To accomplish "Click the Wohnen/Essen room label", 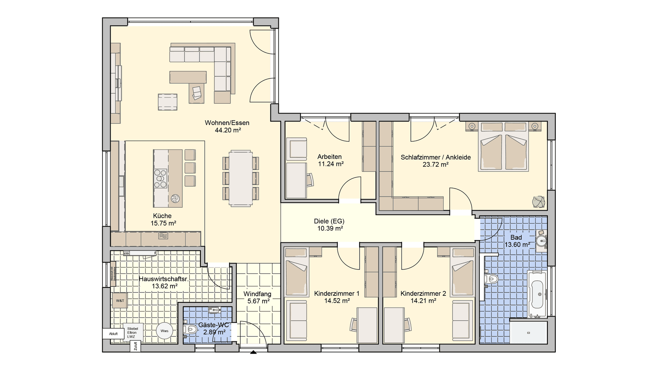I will pos(227,123).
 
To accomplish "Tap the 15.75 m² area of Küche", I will pos(163,223).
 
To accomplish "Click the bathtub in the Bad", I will pos(537,294).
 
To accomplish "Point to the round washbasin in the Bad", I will pos(541,241).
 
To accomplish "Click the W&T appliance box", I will pos(120,301).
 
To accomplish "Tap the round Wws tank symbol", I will pos(164,331).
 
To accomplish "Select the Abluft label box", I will pos(114,334).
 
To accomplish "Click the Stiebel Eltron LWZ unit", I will pos(133,333).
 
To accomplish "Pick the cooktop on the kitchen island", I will pos(160,179).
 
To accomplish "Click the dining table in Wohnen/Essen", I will pos(241,178).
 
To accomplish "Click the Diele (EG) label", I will pos(329,221).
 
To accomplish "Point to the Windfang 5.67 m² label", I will pos(258,297).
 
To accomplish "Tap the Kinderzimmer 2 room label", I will pos(423,294).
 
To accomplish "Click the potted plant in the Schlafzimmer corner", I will pos(538,202).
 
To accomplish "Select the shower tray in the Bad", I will pos(529,332).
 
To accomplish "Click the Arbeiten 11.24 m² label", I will pos(330,160).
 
